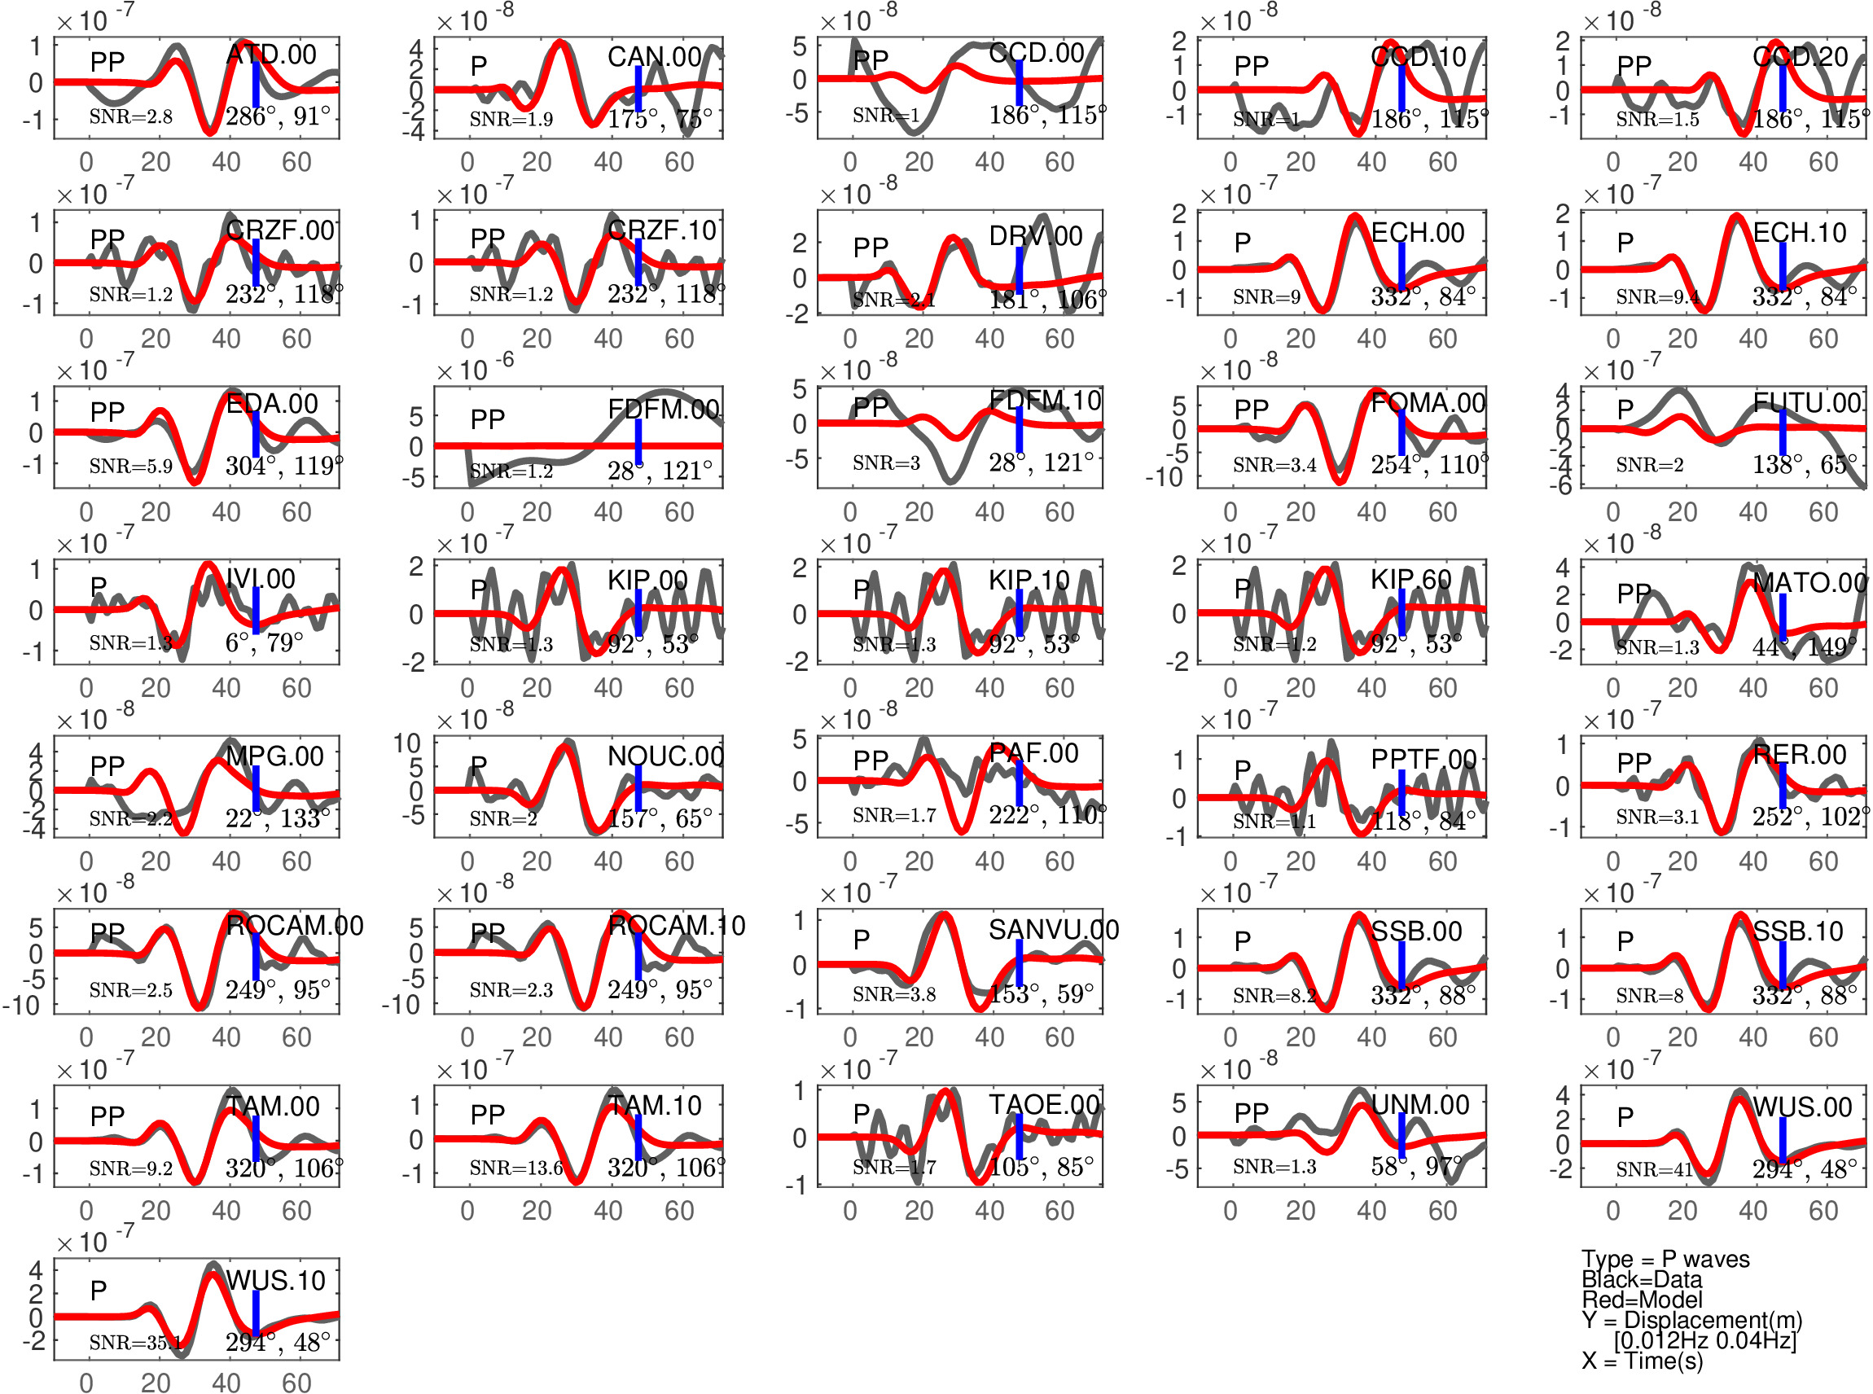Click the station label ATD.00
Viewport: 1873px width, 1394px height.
(x=271, y=55)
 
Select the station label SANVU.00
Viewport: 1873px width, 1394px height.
(x=1053, y=930)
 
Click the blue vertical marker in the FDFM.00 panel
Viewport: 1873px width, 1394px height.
(x=638, y=441)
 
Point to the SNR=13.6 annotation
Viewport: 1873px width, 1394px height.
(x=515, y=1168)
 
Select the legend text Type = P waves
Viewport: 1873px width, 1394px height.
(x=1665, y=1259)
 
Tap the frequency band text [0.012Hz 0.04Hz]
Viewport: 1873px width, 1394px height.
(x=1704, y=1340)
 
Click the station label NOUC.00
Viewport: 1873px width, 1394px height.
(x=665, y=756)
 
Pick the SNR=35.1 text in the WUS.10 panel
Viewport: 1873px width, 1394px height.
(x=135, y=1342)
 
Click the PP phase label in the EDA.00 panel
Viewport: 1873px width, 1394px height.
(x=107, y=412)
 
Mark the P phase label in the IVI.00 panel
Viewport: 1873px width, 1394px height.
(x=98, y=585)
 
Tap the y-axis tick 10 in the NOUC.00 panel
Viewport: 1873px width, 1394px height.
(x=406, y=743)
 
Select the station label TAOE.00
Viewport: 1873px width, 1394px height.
(x=1044, y=1105)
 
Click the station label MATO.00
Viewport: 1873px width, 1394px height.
(x=1809, y=583)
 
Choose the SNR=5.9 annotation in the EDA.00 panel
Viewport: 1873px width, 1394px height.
(x=131, y=466)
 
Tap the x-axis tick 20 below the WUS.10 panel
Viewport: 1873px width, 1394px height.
(x=156, y=1382)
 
